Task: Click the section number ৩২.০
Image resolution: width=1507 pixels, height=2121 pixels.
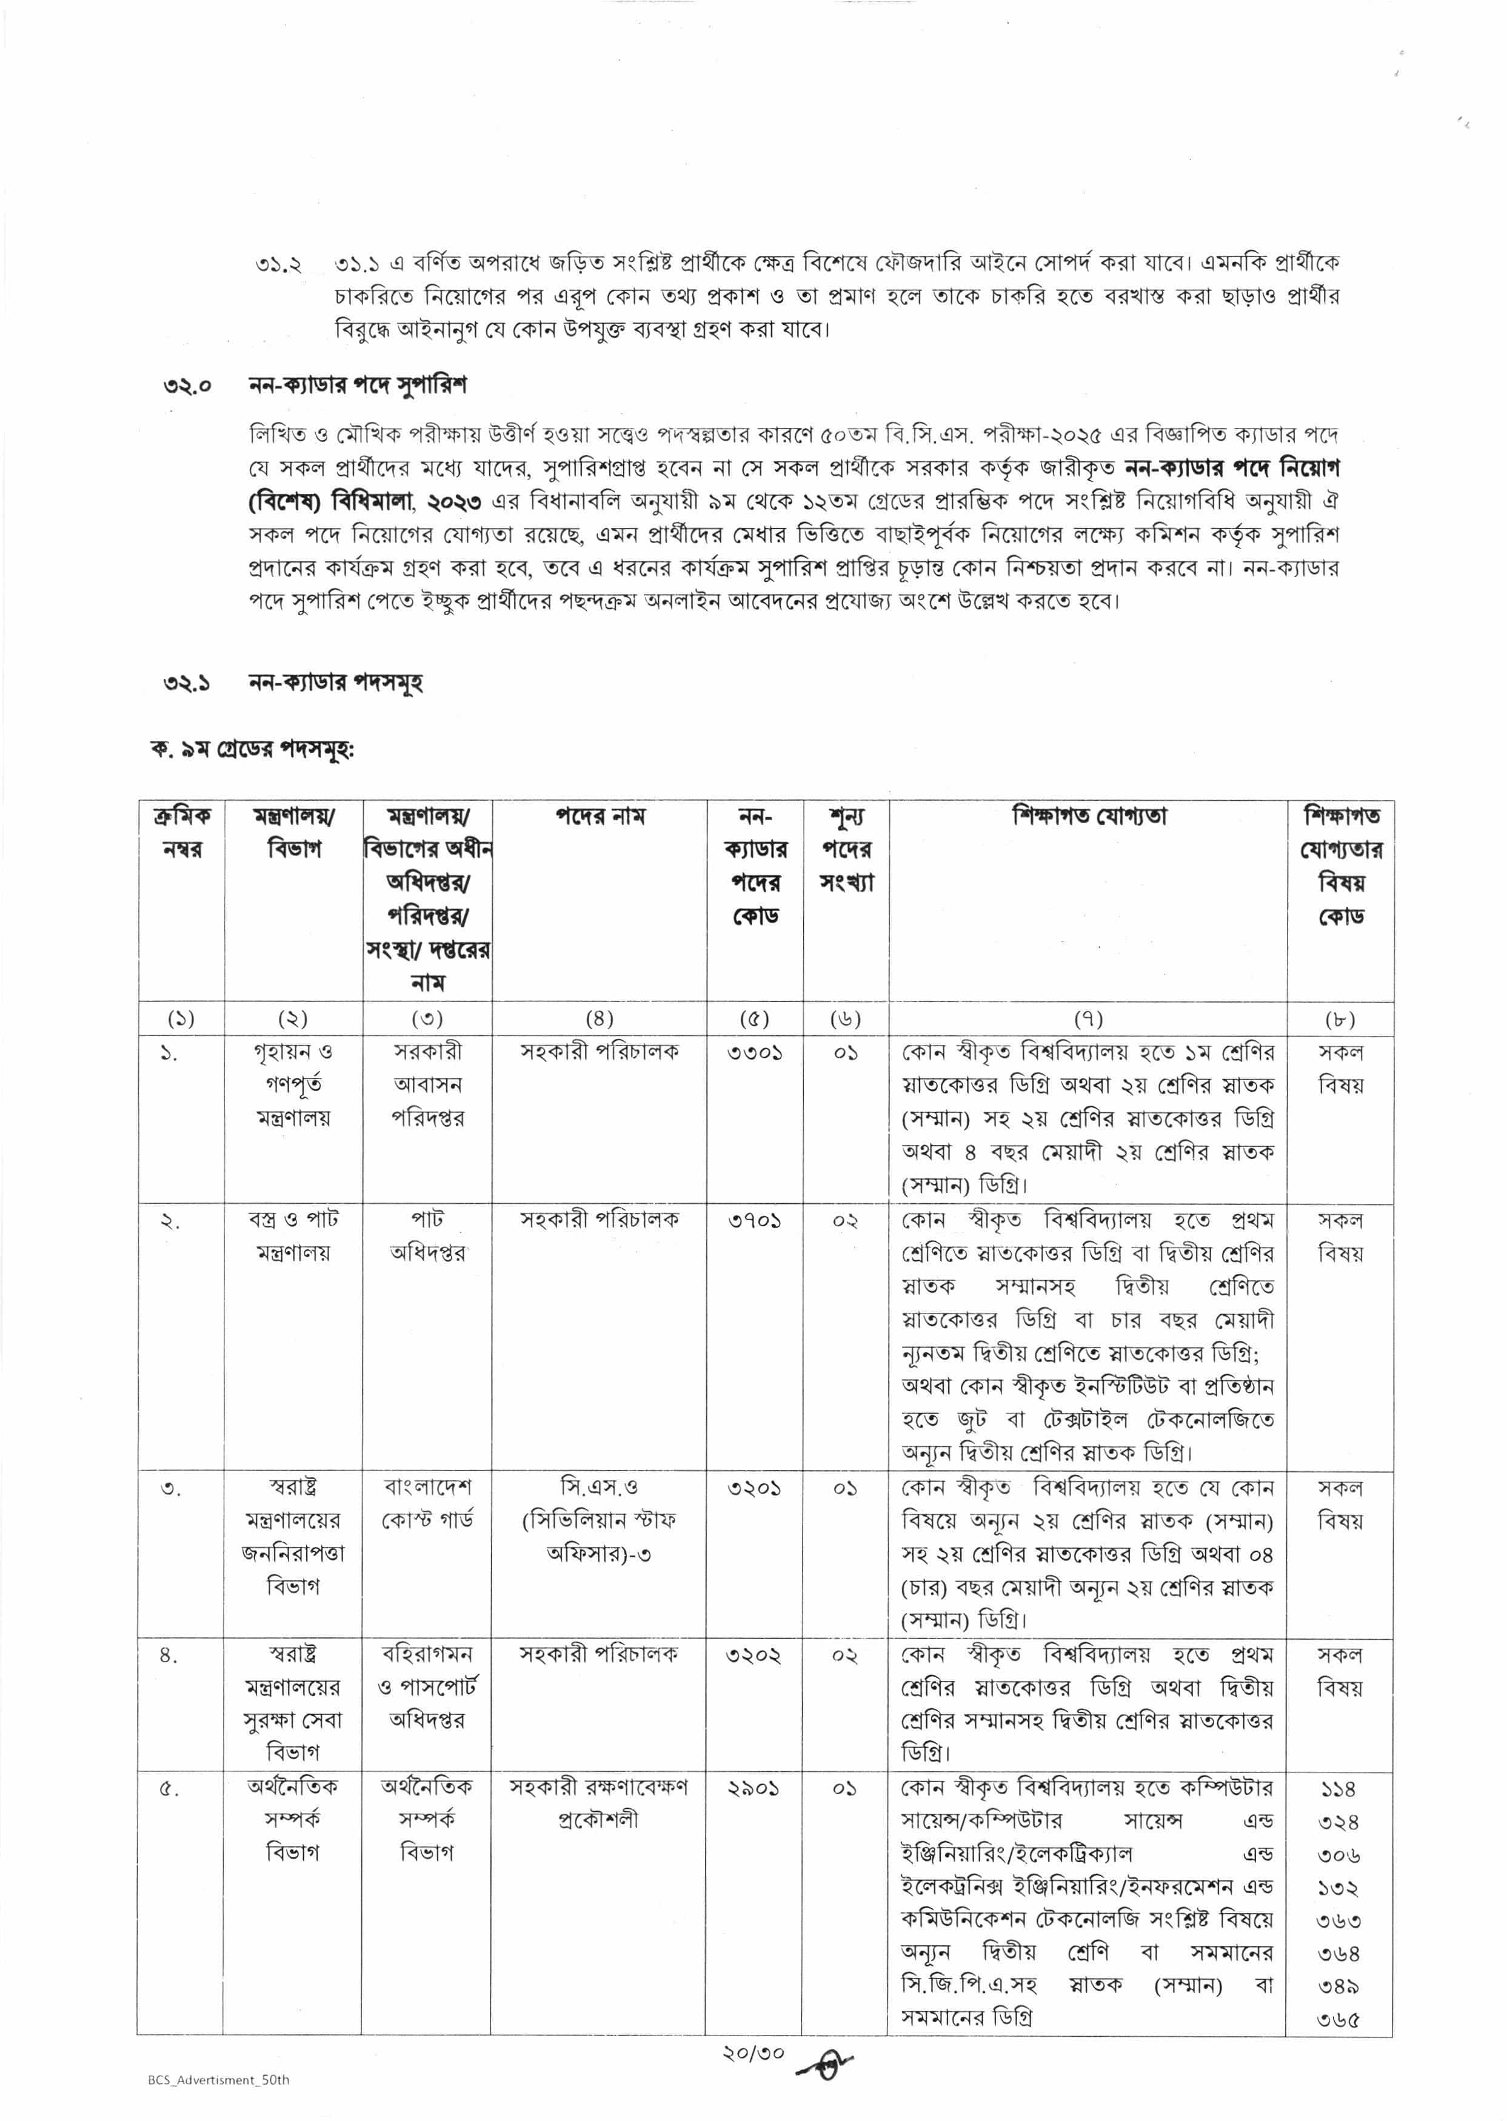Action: click(x=187, y=385)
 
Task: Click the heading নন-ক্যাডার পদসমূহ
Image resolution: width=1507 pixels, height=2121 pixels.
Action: click(x=335, y=683)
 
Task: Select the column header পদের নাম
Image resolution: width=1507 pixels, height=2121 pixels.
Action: click(x=600, y=817)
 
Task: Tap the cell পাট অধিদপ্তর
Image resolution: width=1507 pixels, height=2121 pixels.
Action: click(x=427, y=1236)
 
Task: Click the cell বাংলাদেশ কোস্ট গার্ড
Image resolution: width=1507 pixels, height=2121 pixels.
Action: click(x=427, y=1504)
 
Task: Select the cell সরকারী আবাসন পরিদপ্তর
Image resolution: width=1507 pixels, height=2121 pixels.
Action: click(x=427, y=1084)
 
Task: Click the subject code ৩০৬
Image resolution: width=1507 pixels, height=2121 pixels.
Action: click(x=1339, y=1855)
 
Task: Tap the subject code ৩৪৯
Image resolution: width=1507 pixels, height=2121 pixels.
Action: click(x=1339, y=1986)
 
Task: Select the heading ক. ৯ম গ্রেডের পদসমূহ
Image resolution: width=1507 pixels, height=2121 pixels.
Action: click(x=252, y=750)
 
